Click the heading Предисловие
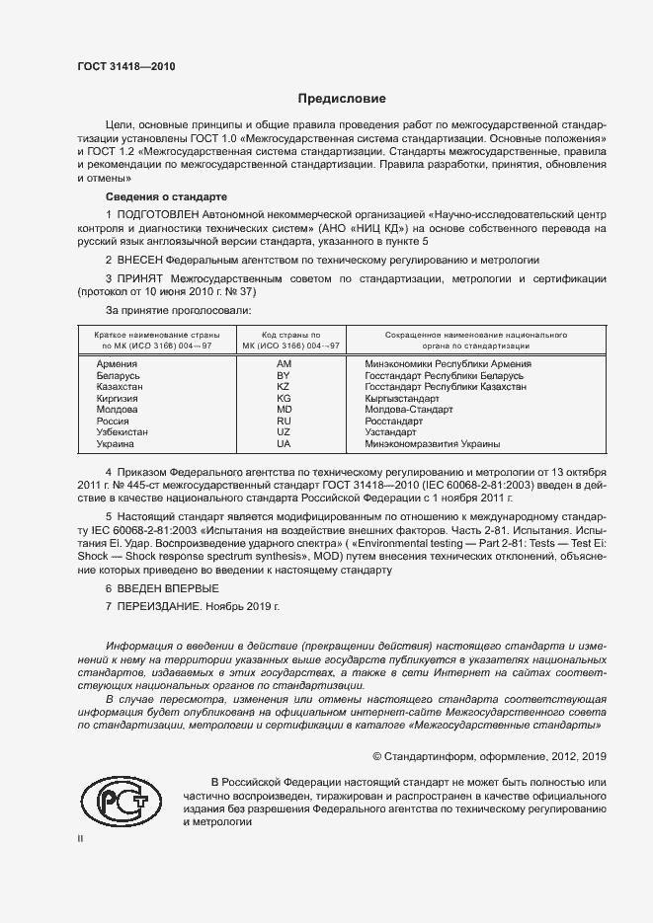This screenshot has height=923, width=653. click(343, 99)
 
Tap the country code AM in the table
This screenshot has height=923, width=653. click(284, 364)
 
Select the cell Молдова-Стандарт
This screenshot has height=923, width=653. click(409, 410)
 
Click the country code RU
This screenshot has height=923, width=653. click(284, 422)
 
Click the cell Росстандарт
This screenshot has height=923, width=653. click(397, 422)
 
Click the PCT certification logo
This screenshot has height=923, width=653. click(121, 802)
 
